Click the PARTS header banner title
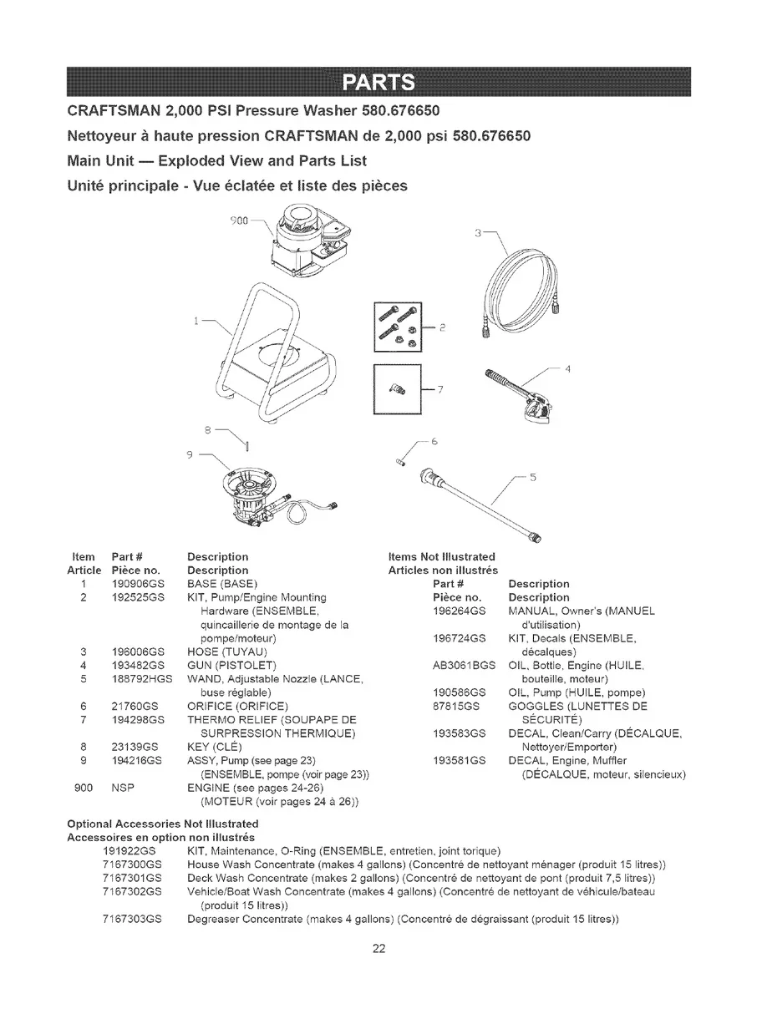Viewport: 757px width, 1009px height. coord(378,83)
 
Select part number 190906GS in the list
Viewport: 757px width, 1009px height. coord(136,583)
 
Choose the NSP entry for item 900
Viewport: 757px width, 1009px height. coord(122,788)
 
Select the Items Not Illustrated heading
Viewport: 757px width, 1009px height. coord(442,556)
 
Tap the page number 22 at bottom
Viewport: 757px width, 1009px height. coord(378,947)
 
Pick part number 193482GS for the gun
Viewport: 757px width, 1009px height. coord(136,665)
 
